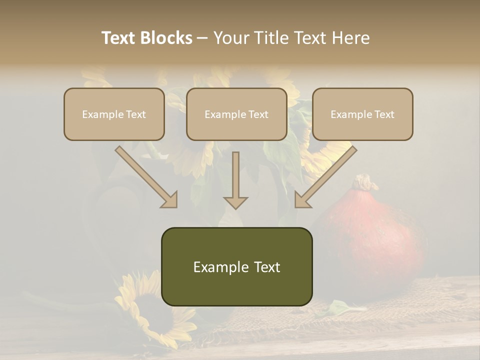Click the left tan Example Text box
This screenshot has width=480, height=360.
(x=114, y=114)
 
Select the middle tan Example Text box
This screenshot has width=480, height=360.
(x=236, y=114)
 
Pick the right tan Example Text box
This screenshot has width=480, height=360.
(x=362, y=114)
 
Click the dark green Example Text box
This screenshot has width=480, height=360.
(x=236, y=266)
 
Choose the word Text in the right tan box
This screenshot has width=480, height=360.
(x=384, y=114)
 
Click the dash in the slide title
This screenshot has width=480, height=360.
(x=202, y=38)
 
